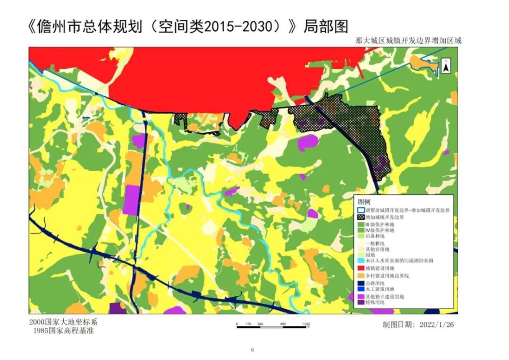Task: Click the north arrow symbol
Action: tap(445, 67)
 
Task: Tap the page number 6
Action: tap(252, 349)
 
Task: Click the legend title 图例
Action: tap(364, 202)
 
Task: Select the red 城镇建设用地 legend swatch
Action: tap(360, 268)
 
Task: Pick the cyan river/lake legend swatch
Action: tap(360, 261)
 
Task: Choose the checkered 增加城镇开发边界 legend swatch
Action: tap(360, 217)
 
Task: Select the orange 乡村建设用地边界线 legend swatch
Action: tap(360, 275)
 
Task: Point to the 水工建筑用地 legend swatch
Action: tap(360, 289)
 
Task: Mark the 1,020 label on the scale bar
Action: tap(305, 323)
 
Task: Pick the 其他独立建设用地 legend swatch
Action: tap(360, 296)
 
